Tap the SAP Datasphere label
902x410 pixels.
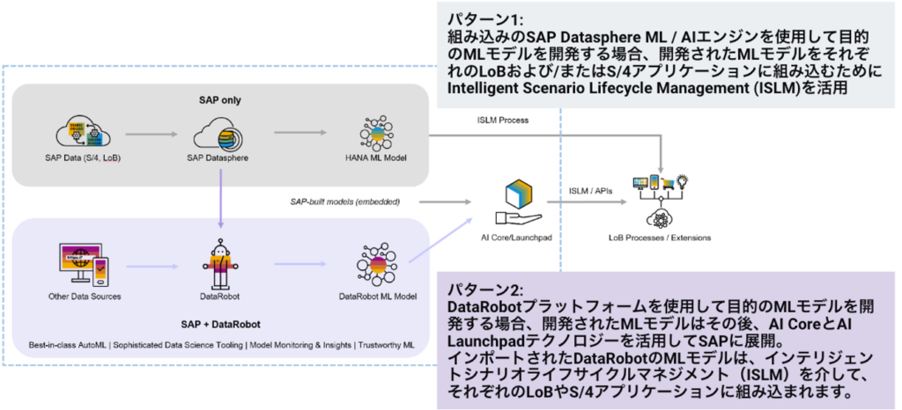tap(217, 157)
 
